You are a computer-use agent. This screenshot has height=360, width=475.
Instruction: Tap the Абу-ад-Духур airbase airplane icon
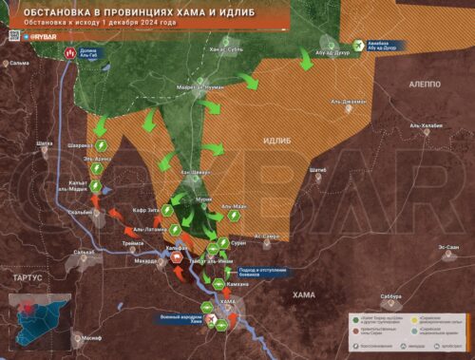358,43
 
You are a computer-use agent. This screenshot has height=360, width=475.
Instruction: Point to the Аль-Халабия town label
427,124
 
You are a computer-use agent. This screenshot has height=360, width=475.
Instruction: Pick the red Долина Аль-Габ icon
68,54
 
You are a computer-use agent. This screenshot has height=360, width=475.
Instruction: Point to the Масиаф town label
91,338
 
